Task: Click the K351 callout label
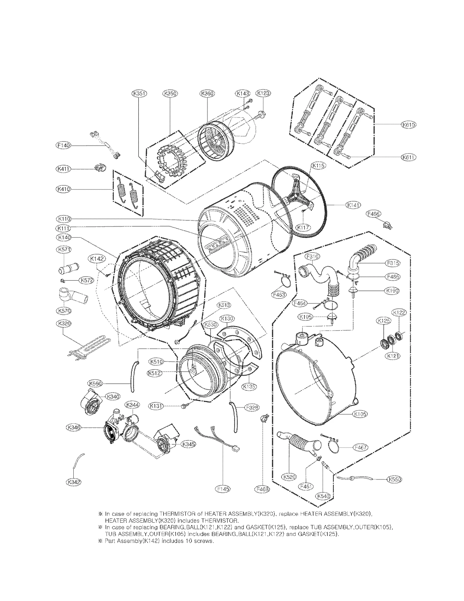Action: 139,93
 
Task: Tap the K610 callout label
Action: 408,124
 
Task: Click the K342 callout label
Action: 73,482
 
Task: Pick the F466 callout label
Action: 374,214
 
